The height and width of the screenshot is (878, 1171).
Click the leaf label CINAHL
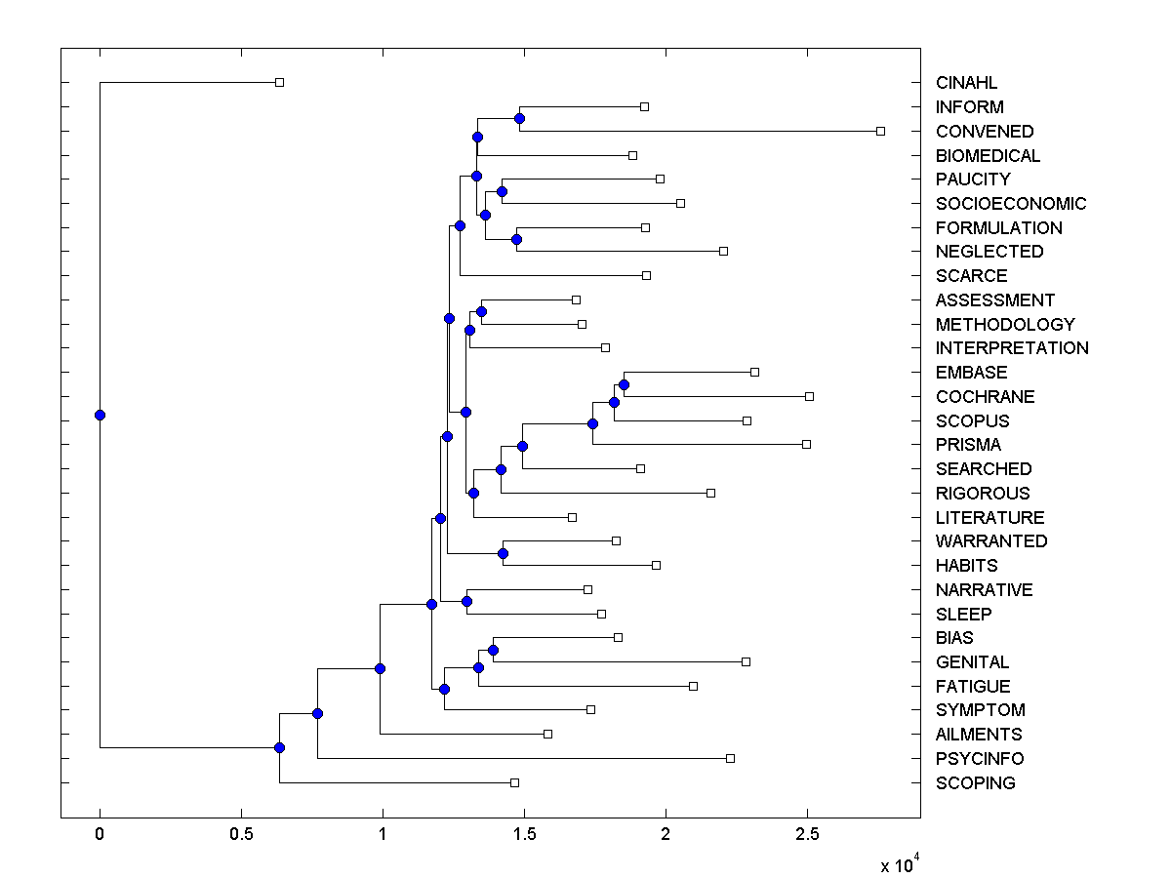pos(966,83)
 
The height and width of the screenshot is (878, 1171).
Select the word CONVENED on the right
pos(984,131)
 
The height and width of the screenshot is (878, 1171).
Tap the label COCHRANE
pos(985,397)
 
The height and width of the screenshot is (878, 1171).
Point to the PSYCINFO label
pos(979,759)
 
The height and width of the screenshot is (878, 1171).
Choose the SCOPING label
pos(975,783)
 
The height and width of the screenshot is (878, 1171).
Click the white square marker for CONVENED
pos(880,131)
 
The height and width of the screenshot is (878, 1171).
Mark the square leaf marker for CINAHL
pos(279,82)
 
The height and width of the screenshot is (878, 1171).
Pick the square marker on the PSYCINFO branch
pos(730,758)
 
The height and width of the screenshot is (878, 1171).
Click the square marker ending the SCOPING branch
pos(514,782)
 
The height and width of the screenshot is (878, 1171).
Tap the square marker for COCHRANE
pos(809,396)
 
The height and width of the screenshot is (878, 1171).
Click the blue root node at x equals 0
pos(100,415)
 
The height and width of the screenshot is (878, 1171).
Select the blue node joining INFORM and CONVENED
pos(519,118)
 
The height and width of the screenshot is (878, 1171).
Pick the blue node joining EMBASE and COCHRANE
pos(624,384)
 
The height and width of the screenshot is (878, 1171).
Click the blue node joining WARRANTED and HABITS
pos(503,553)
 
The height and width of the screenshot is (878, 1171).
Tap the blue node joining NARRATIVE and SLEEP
pos(466,601)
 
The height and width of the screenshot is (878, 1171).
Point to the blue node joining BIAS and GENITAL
pos(493,650)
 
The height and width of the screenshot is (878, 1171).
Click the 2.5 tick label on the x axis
pos(806,835)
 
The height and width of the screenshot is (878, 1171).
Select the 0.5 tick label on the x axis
pos(240,835)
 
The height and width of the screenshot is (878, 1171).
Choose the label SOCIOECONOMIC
pos(1010,204)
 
